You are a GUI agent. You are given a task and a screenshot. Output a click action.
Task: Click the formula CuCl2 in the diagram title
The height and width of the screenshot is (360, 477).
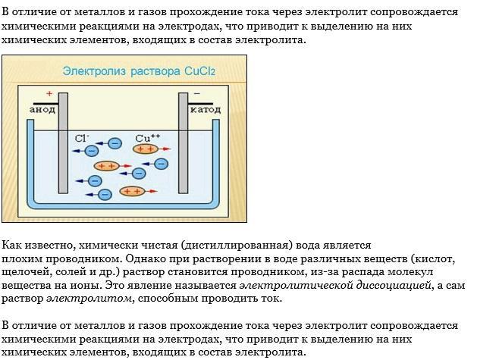point(200,72)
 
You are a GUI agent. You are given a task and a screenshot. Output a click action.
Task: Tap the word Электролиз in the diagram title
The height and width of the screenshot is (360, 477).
point(88,72)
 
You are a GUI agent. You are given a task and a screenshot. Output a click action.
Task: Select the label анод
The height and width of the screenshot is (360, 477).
point(43,110)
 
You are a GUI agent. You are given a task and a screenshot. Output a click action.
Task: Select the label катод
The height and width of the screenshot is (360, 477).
point(205,110)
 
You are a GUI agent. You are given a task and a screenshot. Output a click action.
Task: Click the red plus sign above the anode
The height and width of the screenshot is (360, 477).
point(49,94)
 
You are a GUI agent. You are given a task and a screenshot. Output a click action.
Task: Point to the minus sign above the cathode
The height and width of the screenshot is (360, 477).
point(196,94)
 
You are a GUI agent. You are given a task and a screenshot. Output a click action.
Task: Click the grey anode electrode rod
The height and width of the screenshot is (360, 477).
point(64,144)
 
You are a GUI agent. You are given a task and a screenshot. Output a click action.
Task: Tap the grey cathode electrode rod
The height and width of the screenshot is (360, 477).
point(183,144)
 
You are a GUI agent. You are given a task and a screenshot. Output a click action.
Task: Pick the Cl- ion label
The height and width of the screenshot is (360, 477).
point(82,138)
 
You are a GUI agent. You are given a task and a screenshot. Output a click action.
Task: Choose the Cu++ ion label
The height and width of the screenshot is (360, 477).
point(147,138)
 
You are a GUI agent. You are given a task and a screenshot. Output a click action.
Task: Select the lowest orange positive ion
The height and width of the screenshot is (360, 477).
point(133,192)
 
